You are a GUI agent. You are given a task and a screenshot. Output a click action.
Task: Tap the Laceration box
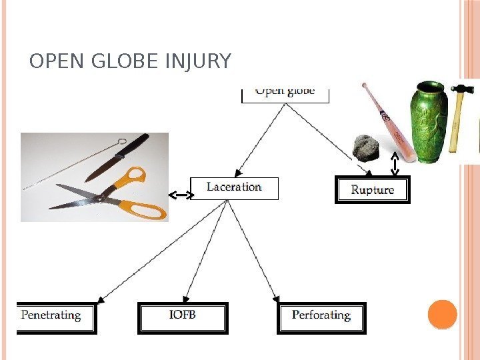(x=234, y=187)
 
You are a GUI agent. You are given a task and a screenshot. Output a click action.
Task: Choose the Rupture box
(x=372, y=190)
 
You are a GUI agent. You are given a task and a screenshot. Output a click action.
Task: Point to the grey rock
(x=365, y=147)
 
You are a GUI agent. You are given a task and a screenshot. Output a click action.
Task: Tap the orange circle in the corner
(x=441, y=314)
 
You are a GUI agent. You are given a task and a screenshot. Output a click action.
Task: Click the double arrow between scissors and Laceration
(x=180, y=195)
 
